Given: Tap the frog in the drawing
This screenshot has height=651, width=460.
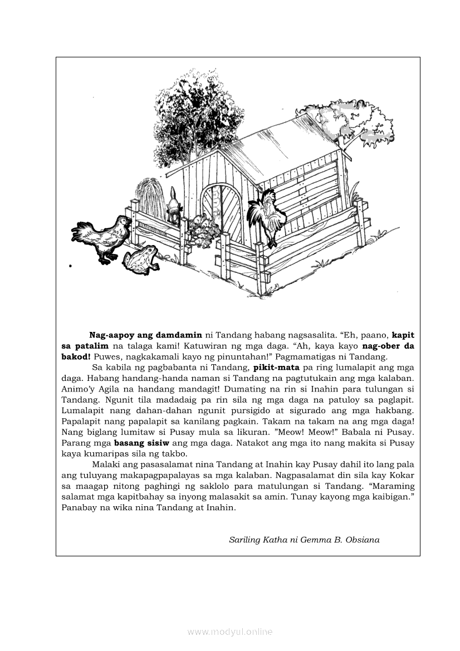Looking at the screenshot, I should tap(141, 259).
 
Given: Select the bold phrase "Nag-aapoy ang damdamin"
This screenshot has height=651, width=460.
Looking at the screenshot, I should tap(145, 335).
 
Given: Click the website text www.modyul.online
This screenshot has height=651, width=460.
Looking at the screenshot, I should tap(230, 632).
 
